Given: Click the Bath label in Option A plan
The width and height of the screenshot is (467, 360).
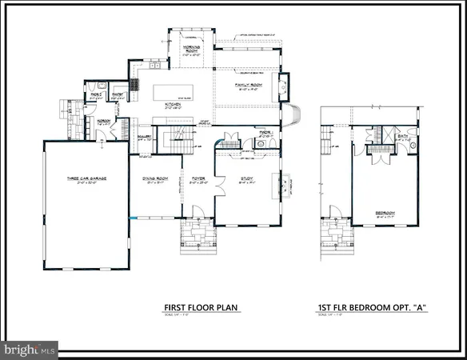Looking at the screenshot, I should point(402,138).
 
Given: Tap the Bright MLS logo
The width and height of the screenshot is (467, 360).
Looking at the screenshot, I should point(30,349).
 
